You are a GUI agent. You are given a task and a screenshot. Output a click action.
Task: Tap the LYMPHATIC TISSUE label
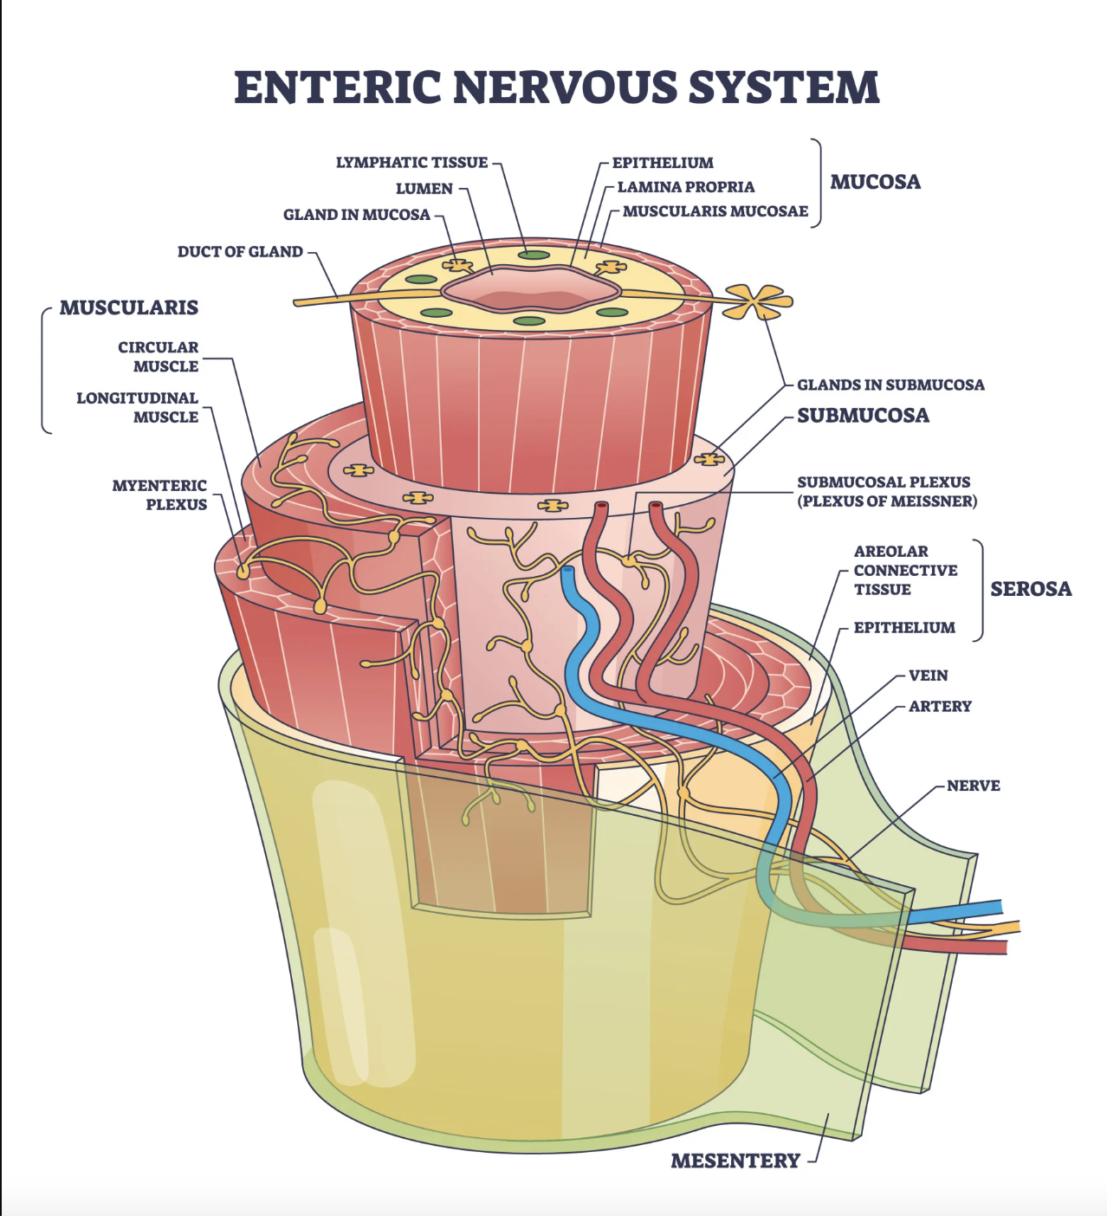coord(411,163)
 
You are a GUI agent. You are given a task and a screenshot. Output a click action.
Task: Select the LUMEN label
coord(424,189)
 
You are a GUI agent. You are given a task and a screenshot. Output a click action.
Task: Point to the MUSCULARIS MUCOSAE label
coord(715,211)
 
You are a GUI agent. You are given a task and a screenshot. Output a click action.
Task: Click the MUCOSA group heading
coord(875,182)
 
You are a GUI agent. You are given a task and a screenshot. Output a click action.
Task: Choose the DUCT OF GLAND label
coord(240,252)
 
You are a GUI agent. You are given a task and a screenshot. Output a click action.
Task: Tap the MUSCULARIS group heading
coord(128,307)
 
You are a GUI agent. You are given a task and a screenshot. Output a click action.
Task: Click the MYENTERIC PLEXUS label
coord(159,495)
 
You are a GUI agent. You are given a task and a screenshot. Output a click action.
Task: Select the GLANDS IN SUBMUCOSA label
coord(890,385)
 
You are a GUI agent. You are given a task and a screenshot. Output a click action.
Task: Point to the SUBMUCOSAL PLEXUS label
coord(886,491)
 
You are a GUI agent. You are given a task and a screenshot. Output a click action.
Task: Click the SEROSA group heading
coord(1031,589)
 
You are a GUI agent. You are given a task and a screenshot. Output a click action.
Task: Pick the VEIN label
coord(928,676)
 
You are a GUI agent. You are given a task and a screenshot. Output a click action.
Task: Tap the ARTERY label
coord(940,707)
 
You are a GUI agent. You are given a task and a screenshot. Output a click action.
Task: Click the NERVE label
coord(973,786)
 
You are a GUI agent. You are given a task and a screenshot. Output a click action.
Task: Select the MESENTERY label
coord(735,1161)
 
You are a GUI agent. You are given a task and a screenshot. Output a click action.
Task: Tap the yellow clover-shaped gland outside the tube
coord(760,301)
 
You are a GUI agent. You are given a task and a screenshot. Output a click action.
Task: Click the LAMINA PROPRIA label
coord(685,187)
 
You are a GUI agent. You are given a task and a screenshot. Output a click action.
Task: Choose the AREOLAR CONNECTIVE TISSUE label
coord(905,570)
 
